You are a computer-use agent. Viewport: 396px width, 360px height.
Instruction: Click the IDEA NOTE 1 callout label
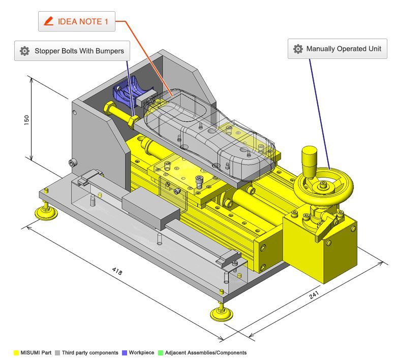(77, 21)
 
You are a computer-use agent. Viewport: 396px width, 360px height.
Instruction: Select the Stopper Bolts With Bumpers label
(72, 51)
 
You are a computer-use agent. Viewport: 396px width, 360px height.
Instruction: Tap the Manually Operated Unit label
(338, 49)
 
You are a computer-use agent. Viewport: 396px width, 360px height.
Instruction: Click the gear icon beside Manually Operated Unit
(298, 49)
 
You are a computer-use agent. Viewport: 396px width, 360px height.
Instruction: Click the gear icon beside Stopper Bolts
(24, 51)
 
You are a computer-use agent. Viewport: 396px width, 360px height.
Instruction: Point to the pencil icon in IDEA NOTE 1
(48, 21)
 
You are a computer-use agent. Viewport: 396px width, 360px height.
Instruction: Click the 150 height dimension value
(26, 120)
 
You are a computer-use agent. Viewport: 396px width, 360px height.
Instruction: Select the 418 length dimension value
(117, 271)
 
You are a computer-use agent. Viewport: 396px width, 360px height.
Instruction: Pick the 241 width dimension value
(314, 294)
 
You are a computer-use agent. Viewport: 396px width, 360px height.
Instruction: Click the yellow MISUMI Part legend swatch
(16, 353)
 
